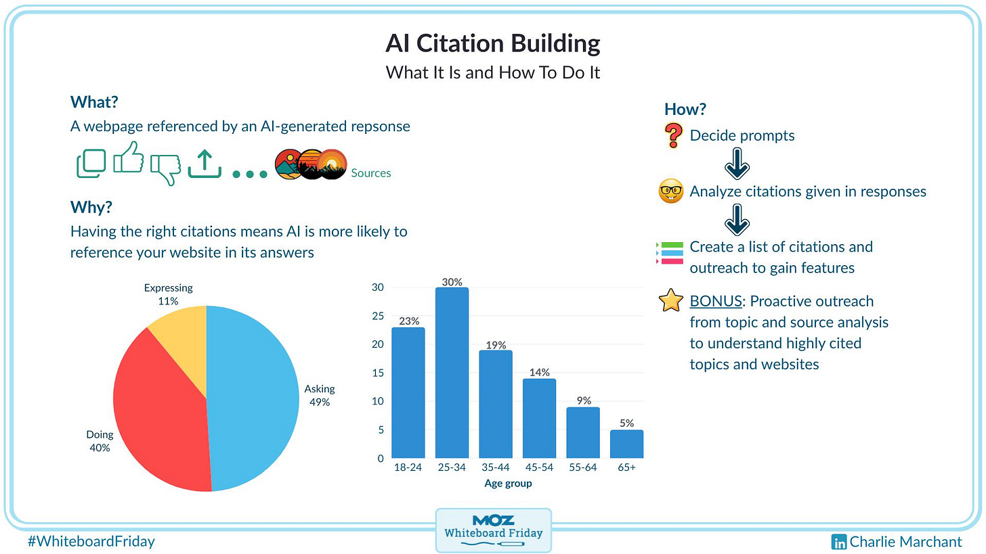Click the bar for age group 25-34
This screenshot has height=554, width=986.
tap(452, 373)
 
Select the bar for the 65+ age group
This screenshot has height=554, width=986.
tap(626, 444)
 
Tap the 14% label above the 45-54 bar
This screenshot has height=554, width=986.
tap(540, 372)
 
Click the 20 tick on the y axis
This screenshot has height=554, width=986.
tap(378, 344)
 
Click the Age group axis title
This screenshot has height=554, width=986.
tap(508, 483)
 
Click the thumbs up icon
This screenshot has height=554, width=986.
tap(129, 158)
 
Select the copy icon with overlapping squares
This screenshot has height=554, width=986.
tap(91, 163)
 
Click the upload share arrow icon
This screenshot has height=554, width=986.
tap(205, 164)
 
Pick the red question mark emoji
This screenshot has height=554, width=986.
tap(673, 136)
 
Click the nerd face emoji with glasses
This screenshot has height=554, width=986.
tap(671, 191)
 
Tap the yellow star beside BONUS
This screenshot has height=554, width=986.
tap(670, 301)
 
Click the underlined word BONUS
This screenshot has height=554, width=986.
tap(715, 301)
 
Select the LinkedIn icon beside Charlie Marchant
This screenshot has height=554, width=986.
tap(839, 542)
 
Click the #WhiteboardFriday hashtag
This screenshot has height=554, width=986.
tap(91, 541)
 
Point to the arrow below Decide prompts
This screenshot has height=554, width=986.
tap(737, 163)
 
